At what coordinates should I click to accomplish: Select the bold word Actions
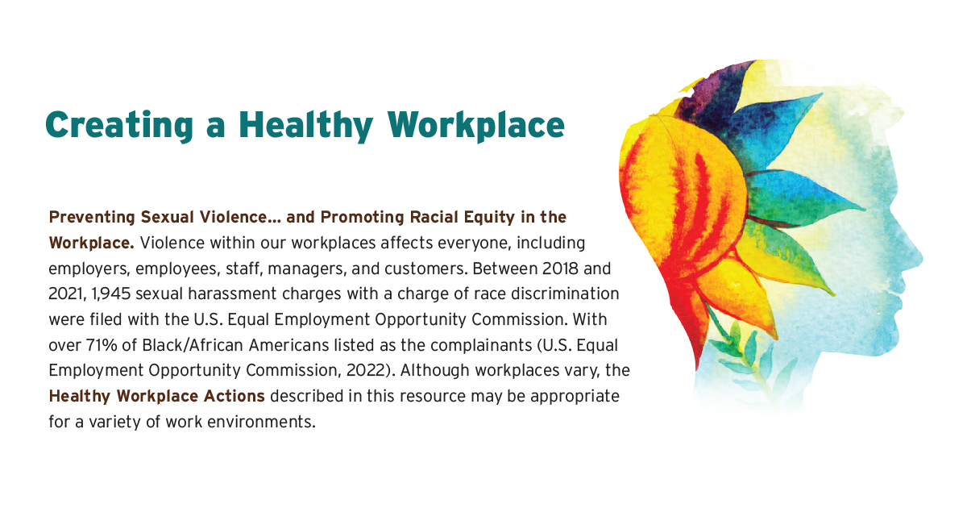point(239,397)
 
